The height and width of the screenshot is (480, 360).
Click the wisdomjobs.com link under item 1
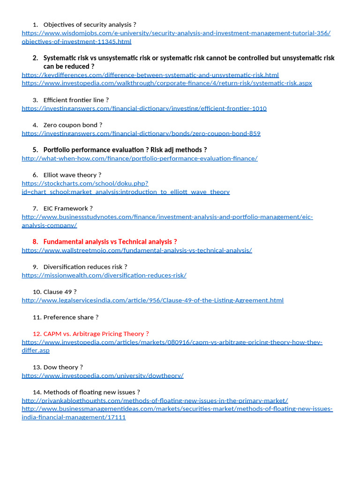tap(176, 33)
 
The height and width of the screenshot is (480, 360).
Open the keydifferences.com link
tap(150, 75)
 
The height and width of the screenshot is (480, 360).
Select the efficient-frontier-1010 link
tap(144, 108)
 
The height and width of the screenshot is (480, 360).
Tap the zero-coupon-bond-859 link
tap(141, 133)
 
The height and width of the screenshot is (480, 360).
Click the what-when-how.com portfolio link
tap(139, 158)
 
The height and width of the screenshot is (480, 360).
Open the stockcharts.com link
tap(84, 183)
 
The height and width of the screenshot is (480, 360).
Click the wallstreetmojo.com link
tap(136, 250)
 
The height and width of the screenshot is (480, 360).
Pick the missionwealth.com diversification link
tap(104, 275)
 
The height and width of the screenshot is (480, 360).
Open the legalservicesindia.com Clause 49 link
tap(152, 300)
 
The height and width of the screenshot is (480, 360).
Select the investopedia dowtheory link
tap(102, 375)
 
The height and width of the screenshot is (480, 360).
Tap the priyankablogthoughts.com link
tap(155, 400)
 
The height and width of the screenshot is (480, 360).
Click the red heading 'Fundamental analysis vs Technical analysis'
tap(110, 241)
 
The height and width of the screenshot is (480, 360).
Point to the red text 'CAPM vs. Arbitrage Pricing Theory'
tap(96, 334)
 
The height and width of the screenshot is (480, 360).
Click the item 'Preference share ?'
tap(71, 317)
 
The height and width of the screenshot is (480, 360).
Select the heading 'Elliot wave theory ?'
tap(72, 175)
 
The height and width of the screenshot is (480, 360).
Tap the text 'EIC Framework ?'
tap(68, 208)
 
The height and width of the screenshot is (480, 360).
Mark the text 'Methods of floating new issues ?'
tap(91, 392)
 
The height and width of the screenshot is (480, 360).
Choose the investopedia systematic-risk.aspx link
tap(166, 83)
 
